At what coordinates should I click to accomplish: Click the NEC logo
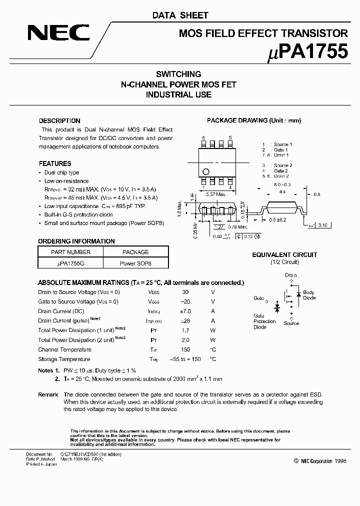point(58,33)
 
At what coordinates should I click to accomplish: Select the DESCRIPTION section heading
point(59,121)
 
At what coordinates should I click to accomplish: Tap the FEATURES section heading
point(55,163)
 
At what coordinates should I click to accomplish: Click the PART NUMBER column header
point(70,252)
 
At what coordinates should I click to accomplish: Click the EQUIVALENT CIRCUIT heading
point(284,255)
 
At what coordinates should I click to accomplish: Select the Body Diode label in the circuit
point(309,295)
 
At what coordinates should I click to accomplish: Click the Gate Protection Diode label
point(264,321)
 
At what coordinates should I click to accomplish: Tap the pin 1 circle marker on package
point(205,171)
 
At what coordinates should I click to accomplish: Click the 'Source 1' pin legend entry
point(282,144)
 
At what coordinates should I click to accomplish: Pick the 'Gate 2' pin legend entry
point(280,170)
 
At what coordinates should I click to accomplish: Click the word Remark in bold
point(48,395)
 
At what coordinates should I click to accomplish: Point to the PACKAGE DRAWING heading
point(254,121)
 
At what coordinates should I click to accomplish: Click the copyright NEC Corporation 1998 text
point(319,461)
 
